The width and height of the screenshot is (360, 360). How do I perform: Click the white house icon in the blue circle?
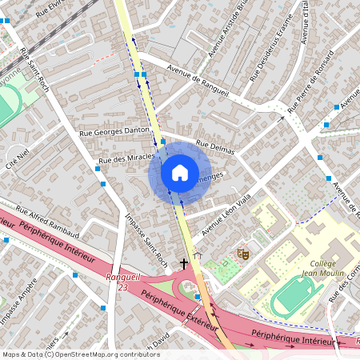coord(180,172)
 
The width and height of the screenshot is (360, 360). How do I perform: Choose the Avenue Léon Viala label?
coord(227,214)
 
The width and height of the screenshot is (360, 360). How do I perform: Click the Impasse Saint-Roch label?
coord(146,238)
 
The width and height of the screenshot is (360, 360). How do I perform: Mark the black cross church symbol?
coord(184,262)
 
